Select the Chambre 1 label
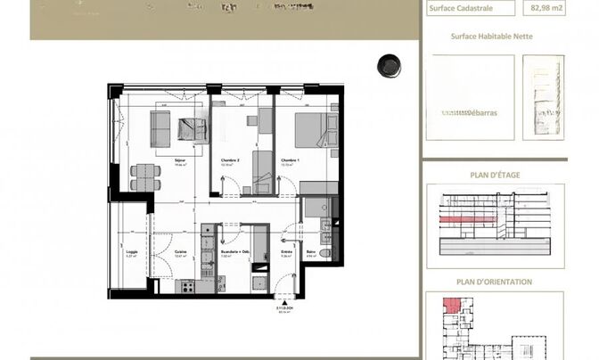point(288,161)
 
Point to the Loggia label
point(132,252)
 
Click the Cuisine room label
point(180,252)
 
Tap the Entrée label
point(287,252)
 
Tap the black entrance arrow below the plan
point(285,301)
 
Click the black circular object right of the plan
point(390,65)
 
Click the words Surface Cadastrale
point(460,10)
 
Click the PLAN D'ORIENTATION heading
point(495,282)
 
